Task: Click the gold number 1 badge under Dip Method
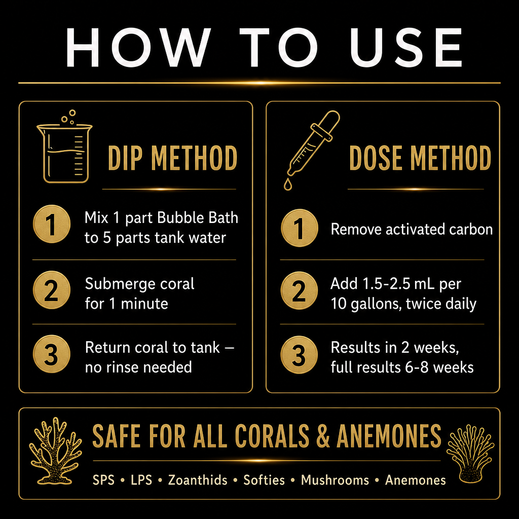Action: (52, 224)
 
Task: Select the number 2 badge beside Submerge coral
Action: (52, 290)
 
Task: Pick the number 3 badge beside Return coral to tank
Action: (52, 354)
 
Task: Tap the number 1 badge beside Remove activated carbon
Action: (300, 228)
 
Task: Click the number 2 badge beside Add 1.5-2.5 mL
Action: (300, 290)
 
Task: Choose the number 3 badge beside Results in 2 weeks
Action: (300, 355)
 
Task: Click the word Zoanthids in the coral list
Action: (198, 480)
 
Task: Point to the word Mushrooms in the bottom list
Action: (335, 480)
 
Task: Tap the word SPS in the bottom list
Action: (103, 480)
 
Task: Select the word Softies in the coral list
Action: (264, 480)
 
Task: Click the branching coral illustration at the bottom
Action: (55, 451)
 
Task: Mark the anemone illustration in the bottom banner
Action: (470, 454)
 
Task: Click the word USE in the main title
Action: (406, 47)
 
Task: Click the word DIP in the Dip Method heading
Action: (125, 158)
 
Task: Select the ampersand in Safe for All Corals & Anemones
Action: (323, 435)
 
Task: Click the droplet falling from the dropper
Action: (288, 184)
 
